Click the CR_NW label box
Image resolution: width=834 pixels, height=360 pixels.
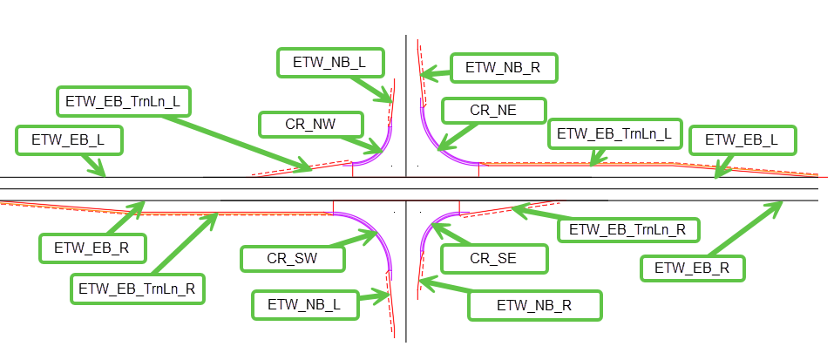[x=310, y=124]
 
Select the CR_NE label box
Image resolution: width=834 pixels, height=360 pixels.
[x=493, y=110]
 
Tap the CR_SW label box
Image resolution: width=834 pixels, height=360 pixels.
[x=292, y=258]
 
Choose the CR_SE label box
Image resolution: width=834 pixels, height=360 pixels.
[x=493, y=258]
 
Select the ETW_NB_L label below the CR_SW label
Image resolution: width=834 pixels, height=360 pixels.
[x=302, y=304]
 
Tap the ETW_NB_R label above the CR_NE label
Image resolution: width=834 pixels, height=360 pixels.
[x=503, y=66]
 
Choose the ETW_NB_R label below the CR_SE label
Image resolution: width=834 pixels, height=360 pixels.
[x=534, y=305]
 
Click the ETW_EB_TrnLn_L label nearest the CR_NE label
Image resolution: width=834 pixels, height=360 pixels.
[x=614, y=133]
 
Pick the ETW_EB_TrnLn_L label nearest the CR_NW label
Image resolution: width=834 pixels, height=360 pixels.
[x=123, y=100]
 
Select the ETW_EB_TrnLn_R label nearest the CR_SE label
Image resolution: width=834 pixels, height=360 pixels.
[x=627, y=230]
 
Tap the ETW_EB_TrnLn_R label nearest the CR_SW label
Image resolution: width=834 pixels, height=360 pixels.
[x=138, y=288]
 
